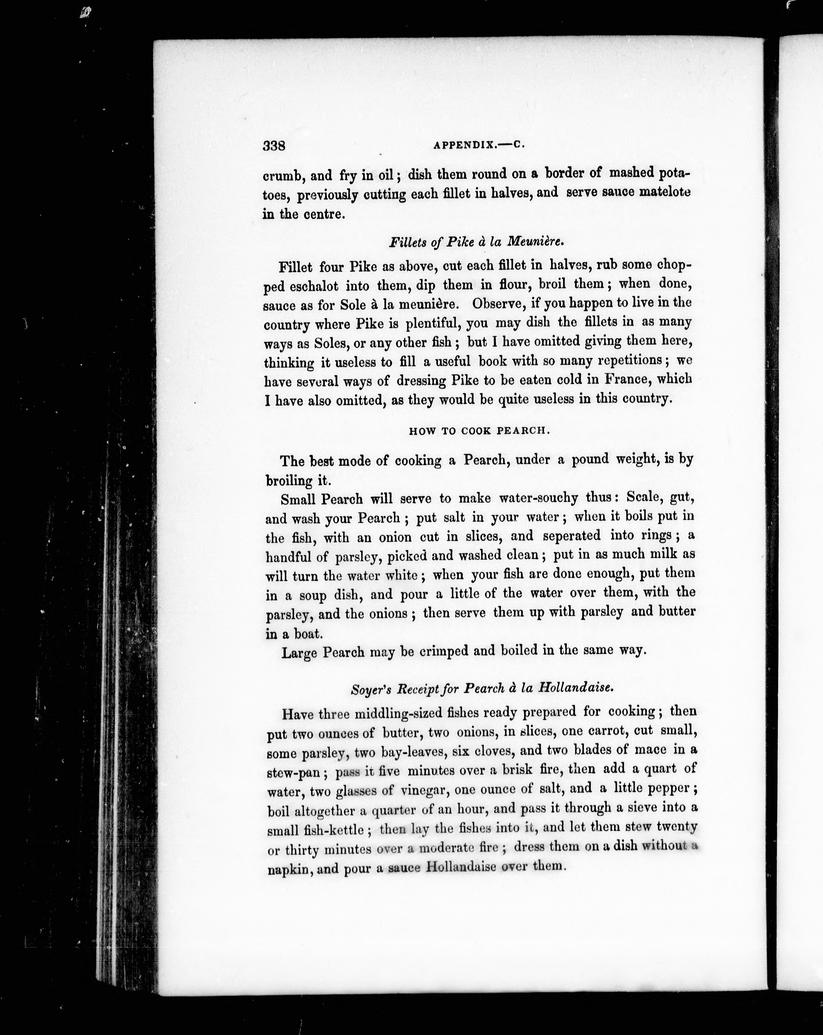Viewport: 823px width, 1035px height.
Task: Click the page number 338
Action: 274,146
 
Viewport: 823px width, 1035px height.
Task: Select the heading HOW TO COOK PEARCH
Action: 478,431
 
